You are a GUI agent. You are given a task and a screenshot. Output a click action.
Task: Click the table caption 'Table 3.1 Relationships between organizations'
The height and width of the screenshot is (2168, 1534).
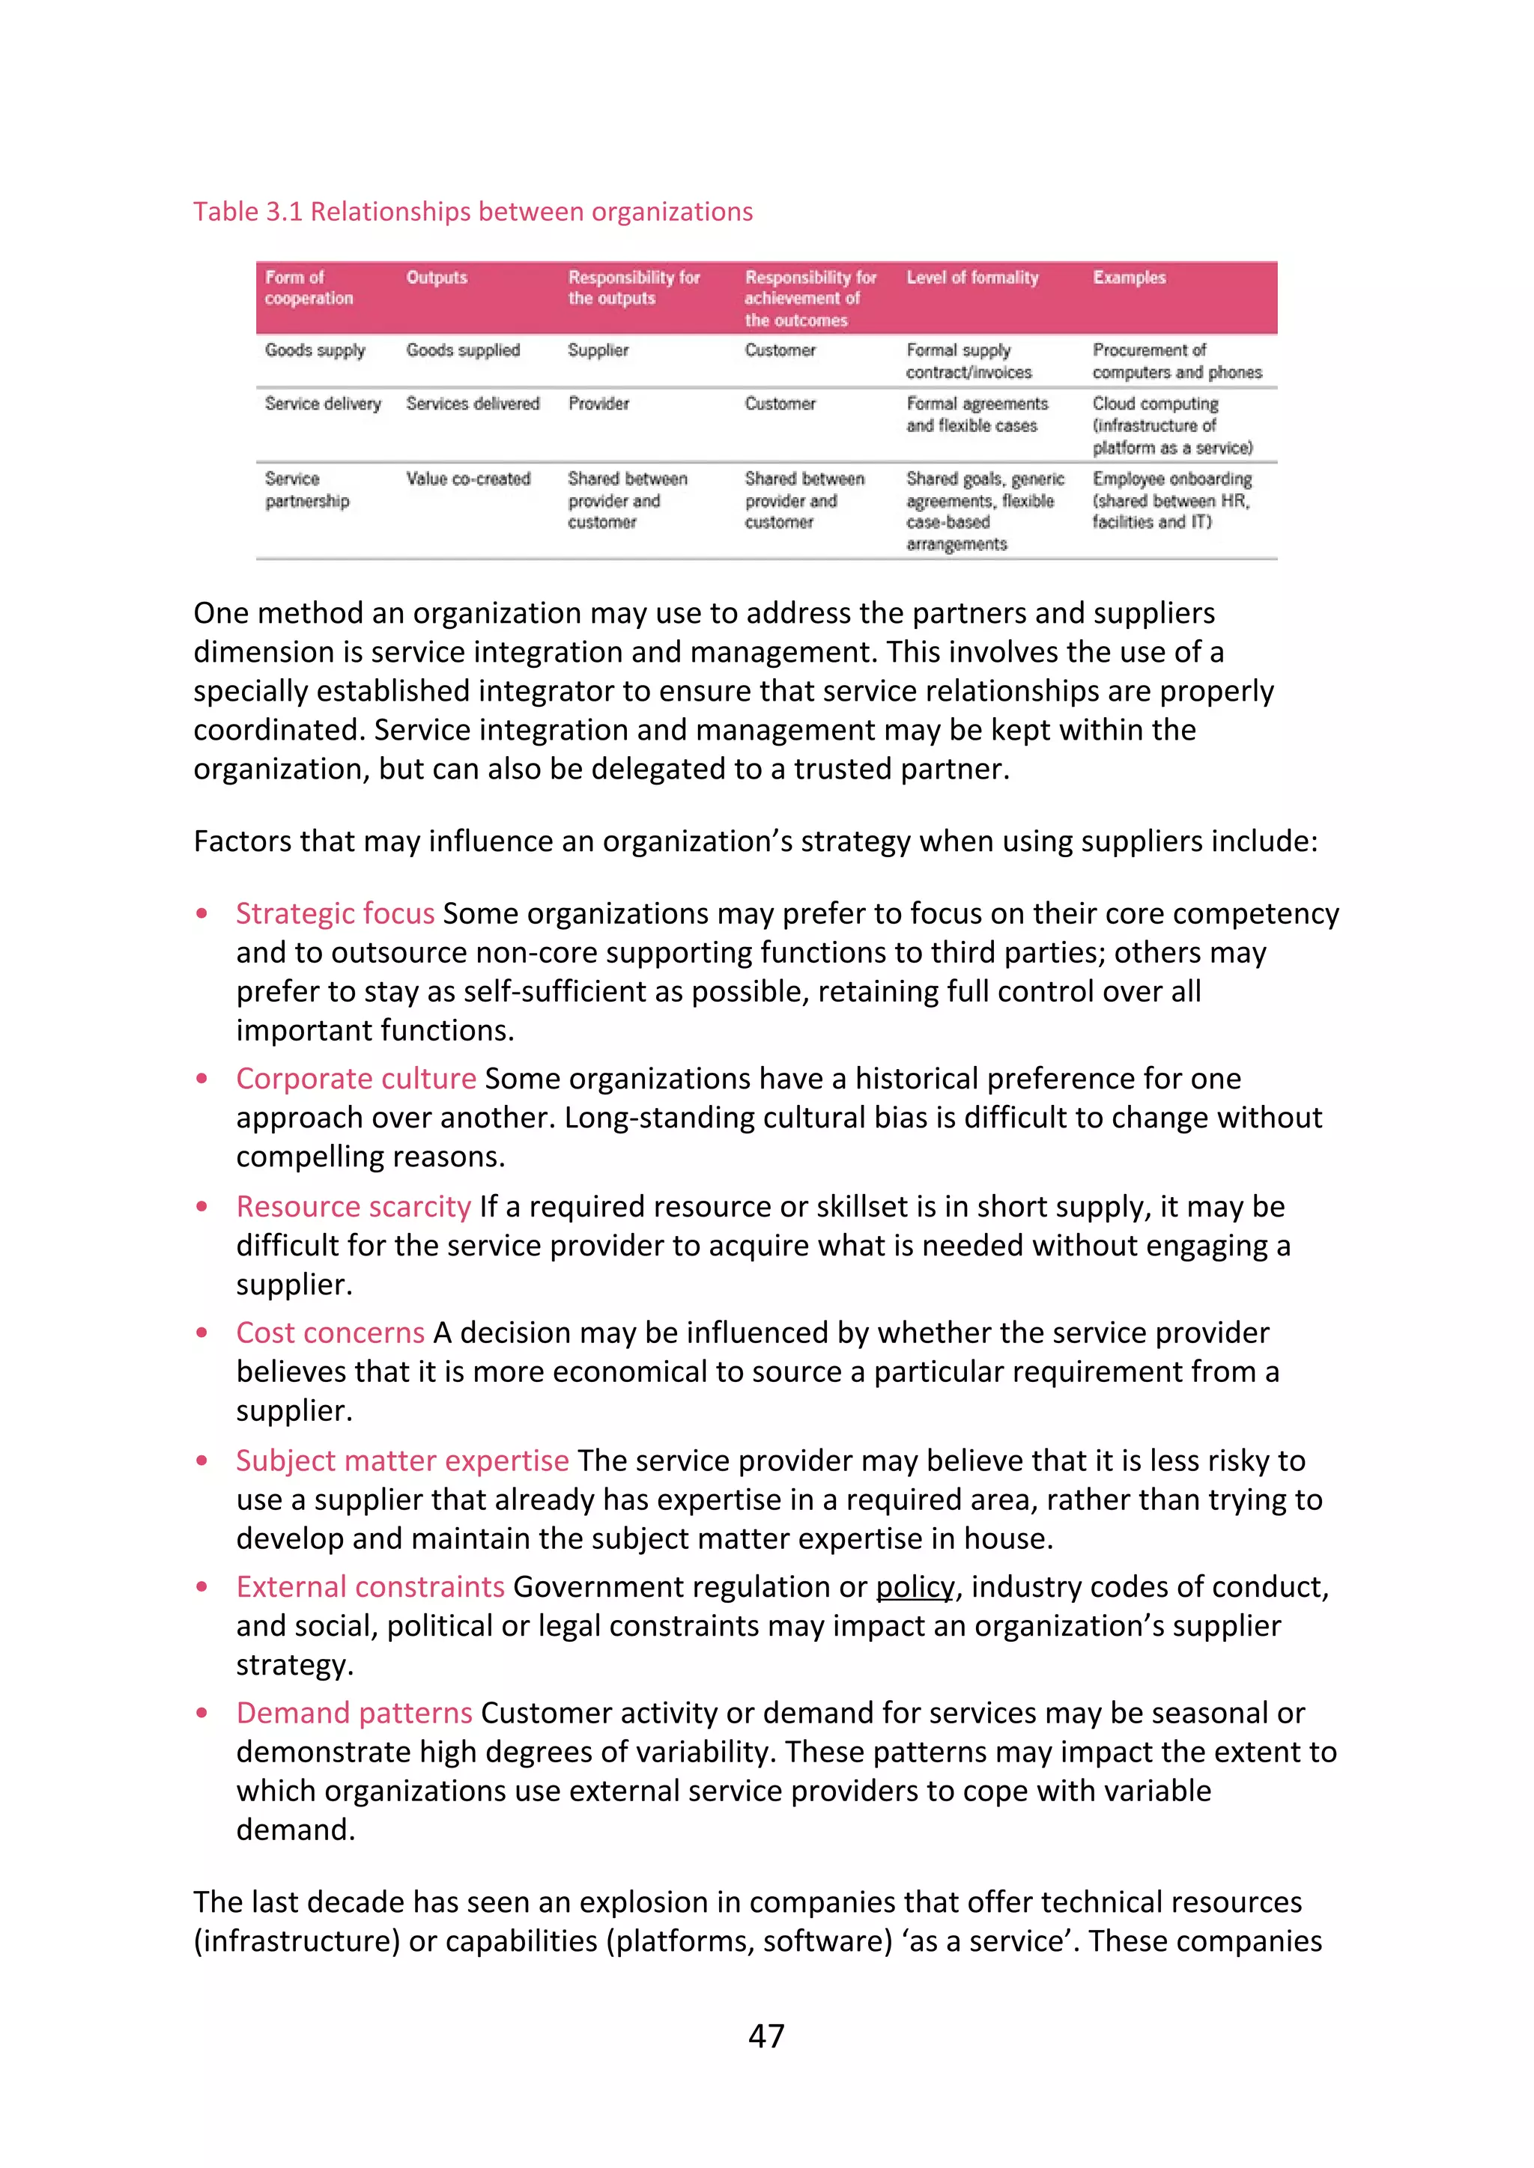[x=473, y=212]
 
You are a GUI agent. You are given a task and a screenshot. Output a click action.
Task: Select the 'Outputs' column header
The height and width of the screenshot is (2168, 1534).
[x=437, y=278]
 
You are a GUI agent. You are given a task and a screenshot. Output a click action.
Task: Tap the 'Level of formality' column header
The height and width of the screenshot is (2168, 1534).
[x=972, y=278]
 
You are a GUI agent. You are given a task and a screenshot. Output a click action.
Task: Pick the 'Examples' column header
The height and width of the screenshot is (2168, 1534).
[x=1129, y=278]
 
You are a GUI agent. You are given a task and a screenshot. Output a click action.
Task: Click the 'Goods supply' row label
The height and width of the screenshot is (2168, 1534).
[x=315, y=350]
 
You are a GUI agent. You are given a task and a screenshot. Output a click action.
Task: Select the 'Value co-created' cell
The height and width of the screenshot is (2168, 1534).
[x=467, y=478]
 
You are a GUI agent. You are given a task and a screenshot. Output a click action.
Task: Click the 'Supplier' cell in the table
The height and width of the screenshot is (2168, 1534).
[x=597, y=350]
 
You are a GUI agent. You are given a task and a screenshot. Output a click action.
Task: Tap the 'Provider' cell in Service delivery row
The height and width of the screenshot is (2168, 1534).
[x=598, y=404]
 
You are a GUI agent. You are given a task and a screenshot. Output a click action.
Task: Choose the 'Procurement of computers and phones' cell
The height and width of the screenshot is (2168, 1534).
[x=1176, y=361]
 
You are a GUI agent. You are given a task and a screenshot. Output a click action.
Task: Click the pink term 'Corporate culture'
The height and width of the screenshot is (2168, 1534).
[x=355, y=1078]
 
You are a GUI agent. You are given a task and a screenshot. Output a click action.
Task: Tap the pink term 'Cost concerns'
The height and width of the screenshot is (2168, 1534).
[x=330, y=1333]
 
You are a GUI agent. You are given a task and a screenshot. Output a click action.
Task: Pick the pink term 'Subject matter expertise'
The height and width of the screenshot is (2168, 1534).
[x=401, y=1461]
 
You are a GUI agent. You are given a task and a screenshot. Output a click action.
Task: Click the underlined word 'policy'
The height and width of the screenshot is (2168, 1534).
[x=915, y=1587]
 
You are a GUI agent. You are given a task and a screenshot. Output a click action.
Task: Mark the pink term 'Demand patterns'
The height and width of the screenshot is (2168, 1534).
[x=354, y=1713]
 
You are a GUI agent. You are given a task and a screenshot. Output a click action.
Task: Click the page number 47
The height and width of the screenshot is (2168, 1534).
[x=766, y=2035]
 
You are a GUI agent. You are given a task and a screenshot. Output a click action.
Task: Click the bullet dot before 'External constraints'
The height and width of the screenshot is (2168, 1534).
[x=201, y=1587]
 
